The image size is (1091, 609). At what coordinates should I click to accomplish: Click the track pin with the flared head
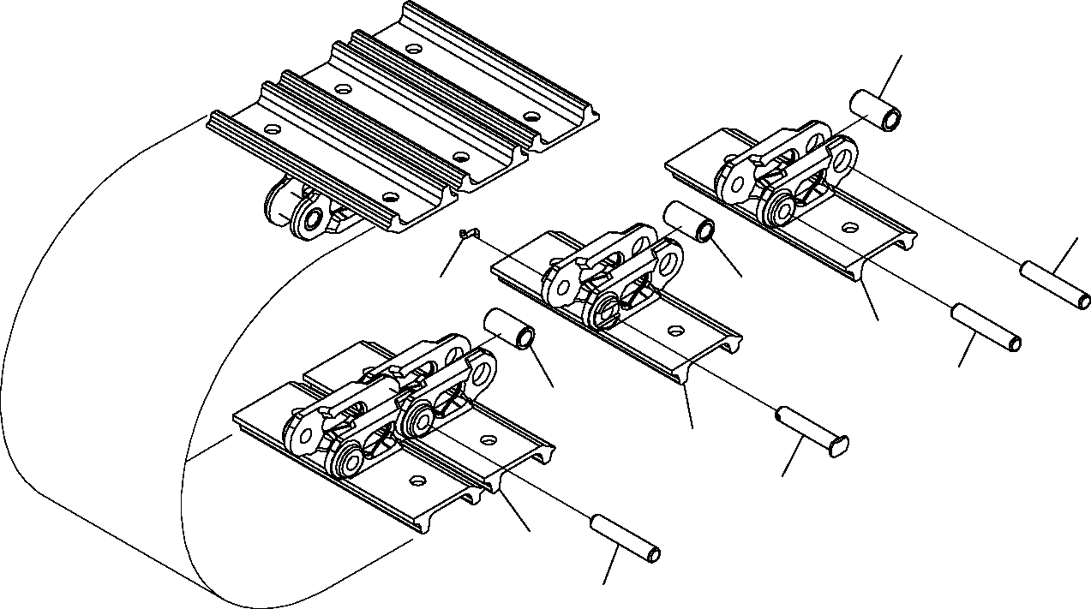point(811,427)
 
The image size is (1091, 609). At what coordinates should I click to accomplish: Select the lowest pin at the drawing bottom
point(625,537)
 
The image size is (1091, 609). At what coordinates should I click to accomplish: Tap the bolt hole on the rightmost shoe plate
point(848,227)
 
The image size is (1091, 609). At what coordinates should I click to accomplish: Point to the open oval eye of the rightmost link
point(845,158)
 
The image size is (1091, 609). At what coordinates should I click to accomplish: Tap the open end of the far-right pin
point(1084,301)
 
